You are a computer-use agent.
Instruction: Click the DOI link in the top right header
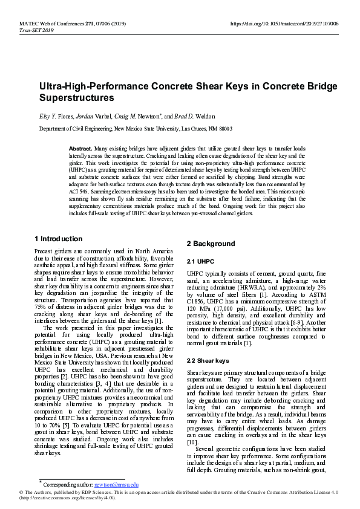pyautogui.click(x=284, y=24)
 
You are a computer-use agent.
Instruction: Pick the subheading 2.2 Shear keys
pyautogui.click(x=208, y=360)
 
